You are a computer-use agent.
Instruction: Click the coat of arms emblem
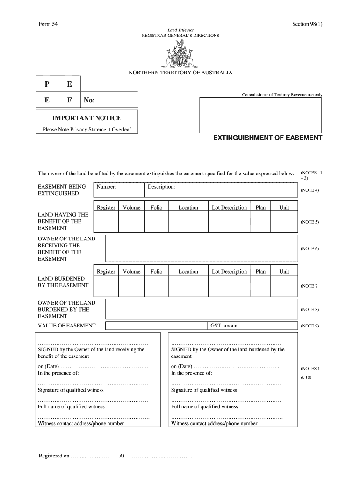[180, 54]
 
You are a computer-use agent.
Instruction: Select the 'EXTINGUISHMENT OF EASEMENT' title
[267, 138]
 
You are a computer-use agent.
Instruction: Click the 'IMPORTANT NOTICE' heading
[86, 118]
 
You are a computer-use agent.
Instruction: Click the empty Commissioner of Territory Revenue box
[261, 115]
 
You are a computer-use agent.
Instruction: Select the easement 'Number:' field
[118, 190]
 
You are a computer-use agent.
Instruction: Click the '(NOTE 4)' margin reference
[310, 190]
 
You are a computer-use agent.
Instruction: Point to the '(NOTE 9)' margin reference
[310, 326]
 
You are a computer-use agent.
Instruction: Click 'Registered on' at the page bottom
[54, 456]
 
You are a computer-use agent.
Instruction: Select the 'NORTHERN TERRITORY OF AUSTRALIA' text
[180, 73]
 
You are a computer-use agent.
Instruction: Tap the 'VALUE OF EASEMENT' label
[66, 326]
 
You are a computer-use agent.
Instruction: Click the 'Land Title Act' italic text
[180, 30]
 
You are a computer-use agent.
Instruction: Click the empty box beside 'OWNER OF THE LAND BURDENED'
[201, 309]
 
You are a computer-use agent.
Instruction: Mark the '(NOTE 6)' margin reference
[310, 249]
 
